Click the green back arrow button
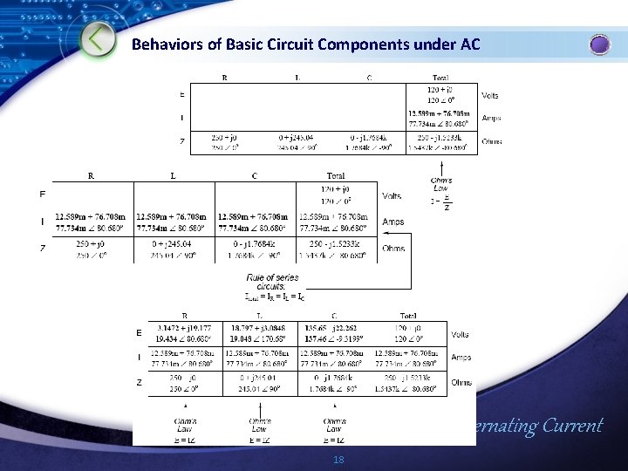point(100,39)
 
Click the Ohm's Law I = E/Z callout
point(441,195)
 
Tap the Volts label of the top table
point(490,95)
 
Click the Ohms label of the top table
point(491,141)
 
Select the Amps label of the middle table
point(392,222)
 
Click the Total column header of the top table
point(440,78)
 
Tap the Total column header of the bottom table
point(408,316)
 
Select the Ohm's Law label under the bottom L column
point(259,427)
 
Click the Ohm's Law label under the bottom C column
point(334,427)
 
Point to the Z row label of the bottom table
point(140,382)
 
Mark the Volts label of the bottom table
point(461,334)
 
